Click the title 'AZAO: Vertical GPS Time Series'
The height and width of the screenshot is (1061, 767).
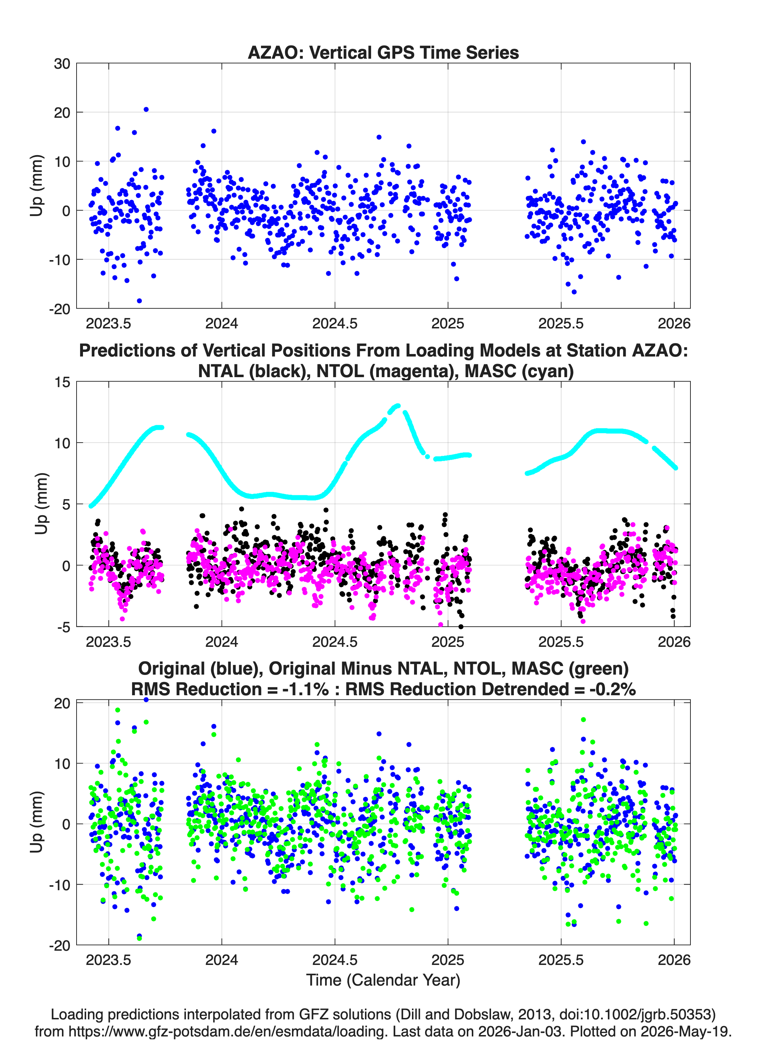tap(383, 52)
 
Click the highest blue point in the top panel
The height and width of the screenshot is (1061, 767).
tap(146, 110)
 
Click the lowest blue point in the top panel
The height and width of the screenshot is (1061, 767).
tap(139, 301)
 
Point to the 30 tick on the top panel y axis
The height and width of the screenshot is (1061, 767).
tap(62, 64)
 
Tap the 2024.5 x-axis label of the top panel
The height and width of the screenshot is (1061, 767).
tap(335, 323)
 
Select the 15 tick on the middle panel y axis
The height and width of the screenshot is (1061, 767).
tap(62, 382)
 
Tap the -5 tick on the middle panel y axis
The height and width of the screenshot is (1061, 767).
tap(64, 627)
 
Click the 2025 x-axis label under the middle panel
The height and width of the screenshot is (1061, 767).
tap(448, 642)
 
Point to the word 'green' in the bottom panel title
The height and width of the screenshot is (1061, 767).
tap(599, 669)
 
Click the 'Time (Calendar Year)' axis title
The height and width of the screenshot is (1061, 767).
tap(383, 980)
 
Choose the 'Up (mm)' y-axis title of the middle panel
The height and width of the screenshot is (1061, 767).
tap(41, 504)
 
